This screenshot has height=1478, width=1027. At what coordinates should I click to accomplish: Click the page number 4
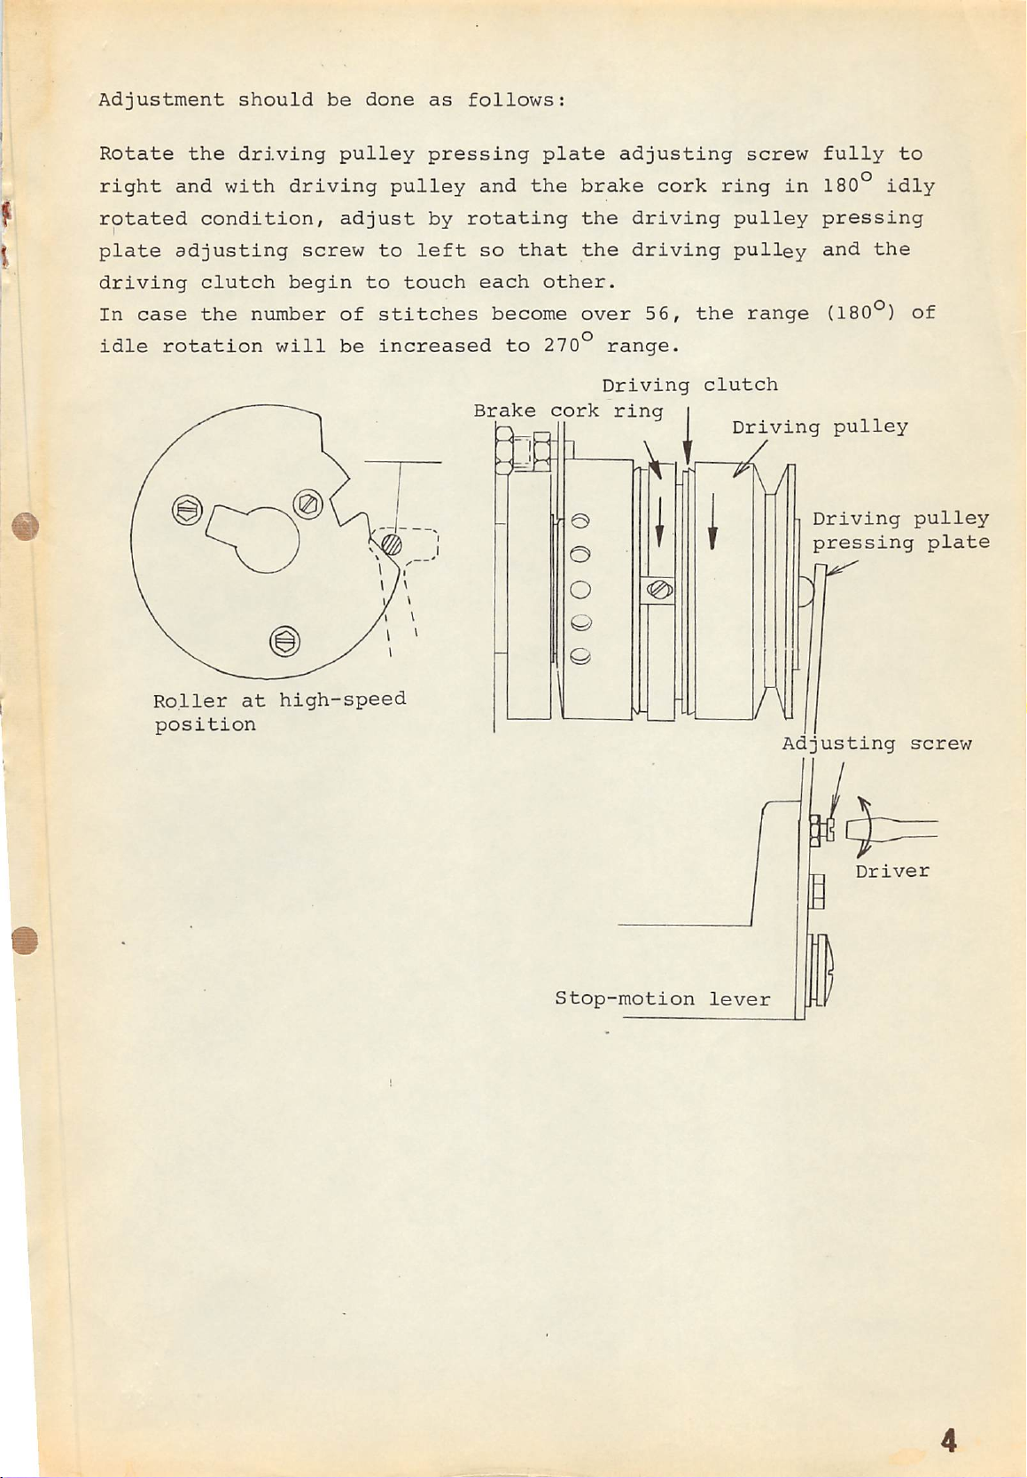pyautogui.click(x=949, y=1441)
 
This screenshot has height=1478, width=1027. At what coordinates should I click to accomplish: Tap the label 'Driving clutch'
pyautogui.click(x=689, y=385)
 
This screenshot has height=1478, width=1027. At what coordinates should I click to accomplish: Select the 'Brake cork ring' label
pyautogui.click(x=568, y=411)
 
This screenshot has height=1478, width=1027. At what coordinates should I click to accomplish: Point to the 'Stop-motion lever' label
pyautogui.click(x=662, y=999)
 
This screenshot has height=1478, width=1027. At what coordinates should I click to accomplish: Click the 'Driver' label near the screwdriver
pyautogui.click(x=892, y=872)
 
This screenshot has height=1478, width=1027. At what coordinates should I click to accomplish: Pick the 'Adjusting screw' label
pyautogui.click(x=876, y=744)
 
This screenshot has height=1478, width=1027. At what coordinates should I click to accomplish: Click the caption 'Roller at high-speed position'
pyautogui.click(x=279, y=712)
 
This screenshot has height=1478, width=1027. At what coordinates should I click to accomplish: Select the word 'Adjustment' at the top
pyautogui.click(x=161, y=99)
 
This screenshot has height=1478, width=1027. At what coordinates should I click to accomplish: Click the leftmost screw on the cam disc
pyautogui.click(x=188, y=512)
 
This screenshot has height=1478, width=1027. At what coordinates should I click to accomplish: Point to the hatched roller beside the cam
pyautogui.click(x=393, y=541)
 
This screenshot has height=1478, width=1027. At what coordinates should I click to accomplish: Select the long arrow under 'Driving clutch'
pyautogui.click(x=688, y=434)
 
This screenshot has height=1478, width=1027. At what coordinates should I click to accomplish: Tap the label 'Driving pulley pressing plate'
pyautogui.click(x=900, y=530)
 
